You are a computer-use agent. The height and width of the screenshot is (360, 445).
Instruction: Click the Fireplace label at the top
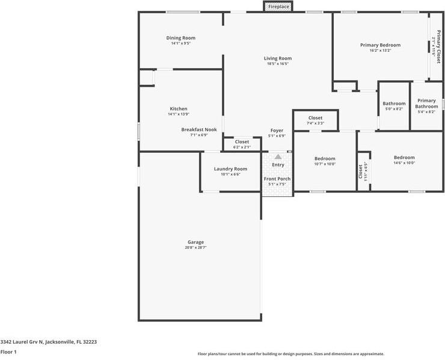pyautogui.click(x=278, y=7)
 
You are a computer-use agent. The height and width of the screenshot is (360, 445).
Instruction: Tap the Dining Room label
pyautogui.click(x=180, y=38)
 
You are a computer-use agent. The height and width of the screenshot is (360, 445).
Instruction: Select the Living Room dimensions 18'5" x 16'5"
pyautogui.click(x=278, y=64)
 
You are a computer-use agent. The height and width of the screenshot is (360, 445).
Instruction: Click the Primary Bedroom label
pyautogui.click(x=380, y=45)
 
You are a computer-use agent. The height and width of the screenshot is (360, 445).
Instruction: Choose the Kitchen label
pyautogui.click(x=178, y=109)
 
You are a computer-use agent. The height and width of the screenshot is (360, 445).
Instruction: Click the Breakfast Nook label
pyautogui.click(x=199, y=129)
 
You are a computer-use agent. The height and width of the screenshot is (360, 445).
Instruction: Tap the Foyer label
pyautogui.click(x=277, y=131)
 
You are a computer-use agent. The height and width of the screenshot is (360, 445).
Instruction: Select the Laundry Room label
pyautogui.click(x=230, y=169)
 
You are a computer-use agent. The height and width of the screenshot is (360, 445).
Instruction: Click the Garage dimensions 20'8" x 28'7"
pyautogui.click(x=195, y=247)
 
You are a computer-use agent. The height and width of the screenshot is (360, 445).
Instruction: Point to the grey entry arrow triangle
pyautogui.click(x=278, y=157)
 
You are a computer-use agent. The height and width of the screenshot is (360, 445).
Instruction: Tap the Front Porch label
pyautogui.click(x=277, y=179)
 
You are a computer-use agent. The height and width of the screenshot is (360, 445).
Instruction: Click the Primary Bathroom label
pyautogui.click(x=426, y=104)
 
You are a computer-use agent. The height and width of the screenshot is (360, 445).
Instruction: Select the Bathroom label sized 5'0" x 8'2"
pyautogui.click(x=394, y=104)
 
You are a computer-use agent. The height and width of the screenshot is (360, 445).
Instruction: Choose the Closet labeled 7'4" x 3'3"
pyautogui.click(x=315, y=118)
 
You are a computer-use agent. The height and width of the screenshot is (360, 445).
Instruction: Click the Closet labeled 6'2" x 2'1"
pyautogui.click(x=242, y=142)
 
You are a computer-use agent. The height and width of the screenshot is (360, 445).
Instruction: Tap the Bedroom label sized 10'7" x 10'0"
pyautogui.click(x=325, y=158)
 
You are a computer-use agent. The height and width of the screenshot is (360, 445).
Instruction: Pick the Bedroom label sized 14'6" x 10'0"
pyautogui.click(x=404, y=158)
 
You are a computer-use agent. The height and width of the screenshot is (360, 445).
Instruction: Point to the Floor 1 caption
pyautogui.click(x=8, y=352)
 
